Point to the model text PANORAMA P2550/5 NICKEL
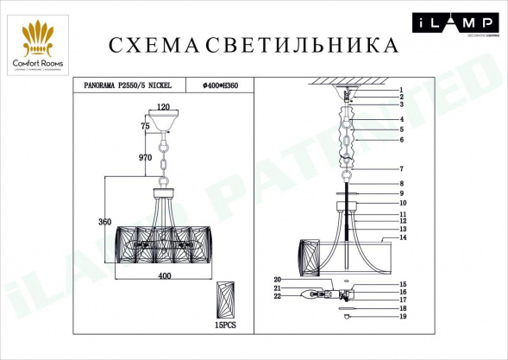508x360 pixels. (x=129, y=86)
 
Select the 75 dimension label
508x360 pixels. (x=146, y=126)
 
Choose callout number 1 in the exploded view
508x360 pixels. (x=401, y=91)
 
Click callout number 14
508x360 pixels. (x=402, y=237)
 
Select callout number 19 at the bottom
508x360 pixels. (x=402, y=318)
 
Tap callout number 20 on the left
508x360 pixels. (x=278, y=279)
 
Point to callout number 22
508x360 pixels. (x=278, y=297)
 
